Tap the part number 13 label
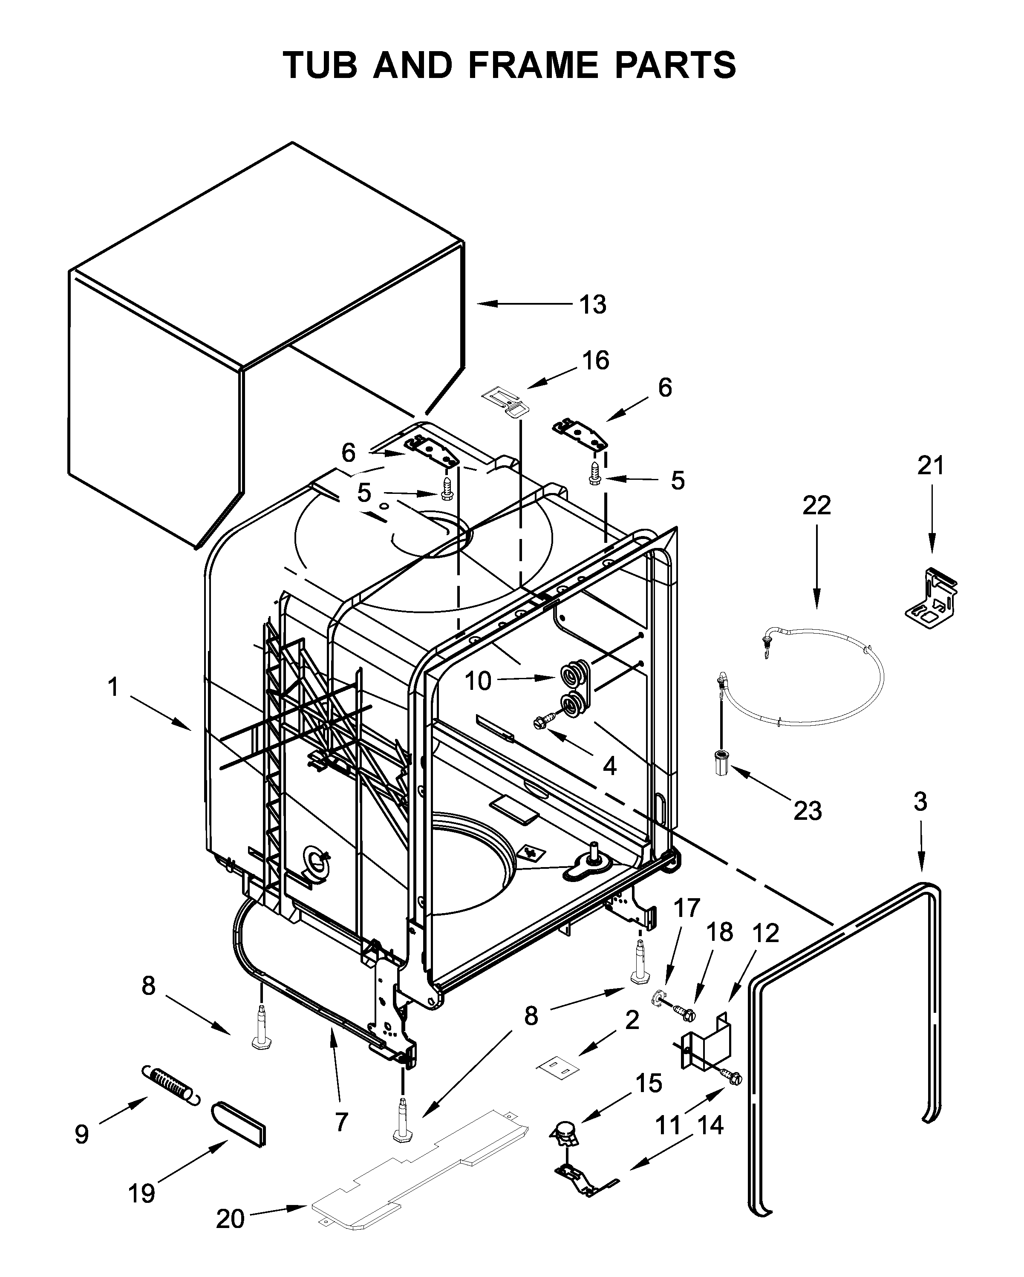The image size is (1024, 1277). (593, 305)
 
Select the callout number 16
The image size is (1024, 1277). (595, 360)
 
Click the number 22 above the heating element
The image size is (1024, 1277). (817, 505)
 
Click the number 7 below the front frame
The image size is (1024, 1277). (341, 1121)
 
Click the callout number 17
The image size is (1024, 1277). (687, 908)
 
